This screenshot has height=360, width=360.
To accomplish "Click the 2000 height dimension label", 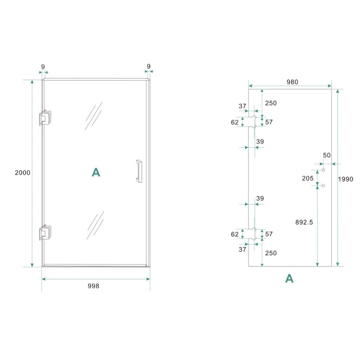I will pos(22,173).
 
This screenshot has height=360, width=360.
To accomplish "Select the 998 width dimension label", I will pos(93,286).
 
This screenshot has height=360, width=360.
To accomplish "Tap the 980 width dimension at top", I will pos(292,82).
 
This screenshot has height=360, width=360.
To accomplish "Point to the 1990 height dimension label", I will pos(346,179).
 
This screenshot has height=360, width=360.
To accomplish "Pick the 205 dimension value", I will pos(308,178).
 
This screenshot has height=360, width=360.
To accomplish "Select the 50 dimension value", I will pos(327,155).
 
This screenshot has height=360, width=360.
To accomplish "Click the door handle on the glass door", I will pos(138,171).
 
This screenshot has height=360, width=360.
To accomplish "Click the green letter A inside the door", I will pos(96,172).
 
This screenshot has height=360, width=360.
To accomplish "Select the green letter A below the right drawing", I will pos(289,278).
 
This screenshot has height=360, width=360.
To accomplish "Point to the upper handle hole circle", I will pos(324,171).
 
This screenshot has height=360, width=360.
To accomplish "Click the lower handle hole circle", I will pos(324,186).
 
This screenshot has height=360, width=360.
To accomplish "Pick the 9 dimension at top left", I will pos(42,66).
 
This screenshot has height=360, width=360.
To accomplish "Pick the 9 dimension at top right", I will pos(149,66).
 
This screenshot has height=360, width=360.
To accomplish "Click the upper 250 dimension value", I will pos(271,103).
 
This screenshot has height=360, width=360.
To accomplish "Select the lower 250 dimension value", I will pos(271,253).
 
